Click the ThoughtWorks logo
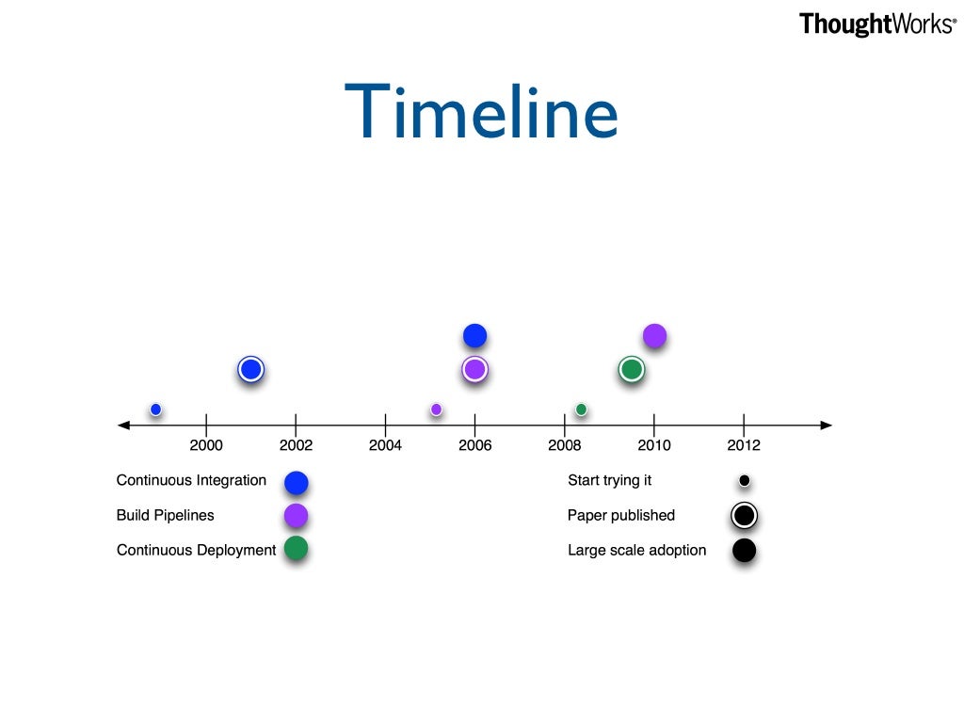(876, 24)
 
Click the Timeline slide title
(481, 112)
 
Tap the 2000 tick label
(206, 445)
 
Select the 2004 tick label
(385, 445)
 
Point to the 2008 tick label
(564, 445)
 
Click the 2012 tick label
(744, 445)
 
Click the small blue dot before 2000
(156, 409)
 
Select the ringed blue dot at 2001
(249, 370)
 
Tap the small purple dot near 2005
(436, 409)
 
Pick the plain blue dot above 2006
(474, 335)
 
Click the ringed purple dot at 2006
(474, 370)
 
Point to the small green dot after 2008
(581, 409)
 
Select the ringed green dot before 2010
(631, 370)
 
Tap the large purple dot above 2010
(654, 335)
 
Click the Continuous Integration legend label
(191, 480)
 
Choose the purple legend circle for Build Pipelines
(296, 516)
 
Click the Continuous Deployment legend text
(196, 550)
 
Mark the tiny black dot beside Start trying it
(744, 481)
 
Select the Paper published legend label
(620, 515)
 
